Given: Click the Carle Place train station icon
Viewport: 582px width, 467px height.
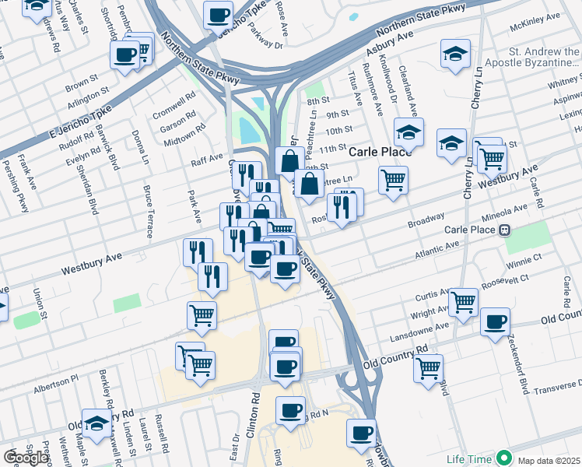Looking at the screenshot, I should (505, 230).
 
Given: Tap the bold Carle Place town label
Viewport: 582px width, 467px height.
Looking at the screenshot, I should (380, 151).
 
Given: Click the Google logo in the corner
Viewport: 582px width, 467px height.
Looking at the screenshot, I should (26, 457).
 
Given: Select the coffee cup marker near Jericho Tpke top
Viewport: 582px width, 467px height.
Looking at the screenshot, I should (218, 15).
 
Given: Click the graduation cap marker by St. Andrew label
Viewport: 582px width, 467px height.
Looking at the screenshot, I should (455, 54).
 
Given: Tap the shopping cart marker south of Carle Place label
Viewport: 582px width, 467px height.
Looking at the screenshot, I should (394, 181).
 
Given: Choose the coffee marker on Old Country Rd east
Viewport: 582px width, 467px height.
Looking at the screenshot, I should (495, 322).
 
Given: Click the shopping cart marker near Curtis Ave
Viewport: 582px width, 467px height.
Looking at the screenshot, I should (463, 301).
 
